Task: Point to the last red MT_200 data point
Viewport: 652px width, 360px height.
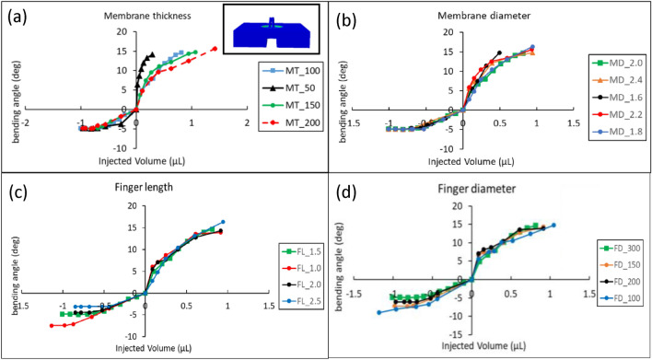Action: click(x=214, y=49)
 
